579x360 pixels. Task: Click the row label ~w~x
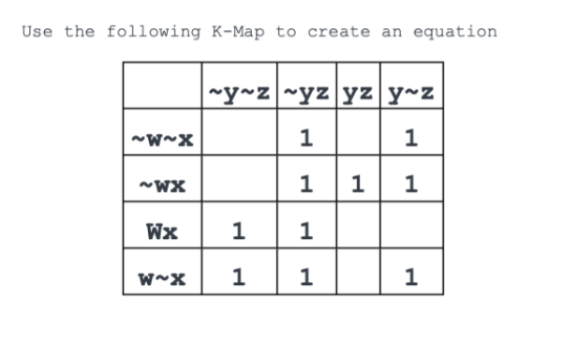point(162,140)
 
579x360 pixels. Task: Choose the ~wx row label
point(162,185)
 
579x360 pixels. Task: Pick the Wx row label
point(162,230)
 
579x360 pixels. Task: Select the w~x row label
point(162,277)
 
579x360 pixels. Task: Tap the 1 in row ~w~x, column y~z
point(410,140)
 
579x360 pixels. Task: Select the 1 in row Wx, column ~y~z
point(239,230)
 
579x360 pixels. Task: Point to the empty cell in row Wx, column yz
point(357,230)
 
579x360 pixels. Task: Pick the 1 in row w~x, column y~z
point(410,277)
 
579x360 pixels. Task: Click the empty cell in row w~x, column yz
point(357,277)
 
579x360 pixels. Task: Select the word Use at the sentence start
point(37,32)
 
